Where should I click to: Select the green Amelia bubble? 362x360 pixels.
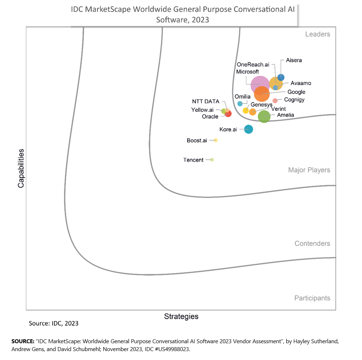click(264, 117)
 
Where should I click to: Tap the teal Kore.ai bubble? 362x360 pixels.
click(248, 129)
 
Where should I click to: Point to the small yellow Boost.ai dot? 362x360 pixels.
click(216, 140)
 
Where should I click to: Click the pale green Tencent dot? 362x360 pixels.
click(212, 160)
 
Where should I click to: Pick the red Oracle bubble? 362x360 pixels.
click(228, 114)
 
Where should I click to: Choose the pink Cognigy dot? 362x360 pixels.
click(275, 100)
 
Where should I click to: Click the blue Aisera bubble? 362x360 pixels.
click(281, 77)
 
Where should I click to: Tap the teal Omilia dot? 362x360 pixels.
click(240, 104)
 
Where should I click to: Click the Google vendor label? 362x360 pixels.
click(296, 92)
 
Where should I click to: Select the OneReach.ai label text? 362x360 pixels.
click(253, 65)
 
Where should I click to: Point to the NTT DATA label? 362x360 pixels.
click(205, 102)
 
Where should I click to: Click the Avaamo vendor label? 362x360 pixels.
click(301, 83)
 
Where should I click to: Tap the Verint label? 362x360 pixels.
click(278, 109)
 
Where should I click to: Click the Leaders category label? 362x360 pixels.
click(318, 34)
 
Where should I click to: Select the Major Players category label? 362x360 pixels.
click(309, 170)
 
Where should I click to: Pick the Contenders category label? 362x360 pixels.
click(312, 243)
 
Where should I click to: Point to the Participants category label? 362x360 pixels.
click(312, 298)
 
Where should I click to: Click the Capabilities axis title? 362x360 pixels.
click(21, 168)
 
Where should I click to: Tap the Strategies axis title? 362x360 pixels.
click(181, 316)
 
